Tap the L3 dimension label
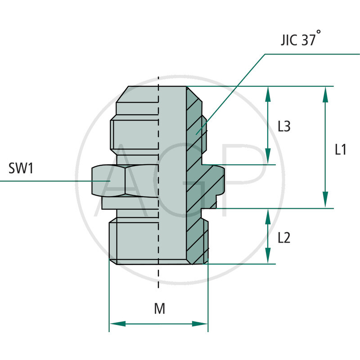[x=284, y=127]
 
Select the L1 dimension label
[x=341, y=149]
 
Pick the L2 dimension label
[x=284, y=237]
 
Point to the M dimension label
[x=159, y=309]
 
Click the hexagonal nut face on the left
[x=108, y=180]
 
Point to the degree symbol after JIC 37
[x=319, y=33]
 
